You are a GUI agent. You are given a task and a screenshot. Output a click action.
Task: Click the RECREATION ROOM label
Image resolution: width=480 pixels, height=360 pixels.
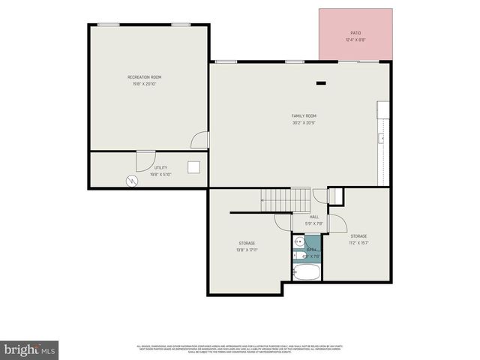click(145, 77)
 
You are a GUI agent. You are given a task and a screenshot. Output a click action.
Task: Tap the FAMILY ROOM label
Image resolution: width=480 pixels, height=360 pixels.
click(304, 115)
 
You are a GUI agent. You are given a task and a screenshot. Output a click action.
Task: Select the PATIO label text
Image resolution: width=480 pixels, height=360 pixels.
click(355, 33)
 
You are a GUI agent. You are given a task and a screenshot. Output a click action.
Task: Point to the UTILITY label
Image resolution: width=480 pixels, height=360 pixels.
click(160, 168)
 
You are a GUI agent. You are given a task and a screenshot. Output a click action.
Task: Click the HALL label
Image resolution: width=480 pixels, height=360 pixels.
click(314, 217)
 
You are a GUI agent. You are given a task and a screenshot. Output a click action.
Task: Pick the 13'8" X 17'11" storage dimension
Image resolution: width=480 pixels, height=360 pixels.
click(247, 250)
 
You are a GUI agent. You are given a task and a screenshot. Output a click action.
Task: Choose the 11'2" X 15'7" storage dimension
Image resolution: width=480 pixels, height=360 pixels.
click(358, 243)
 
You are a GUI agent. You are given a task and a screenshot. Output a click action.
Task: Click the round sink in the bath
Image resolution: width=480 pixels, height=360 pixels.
click(298, 241)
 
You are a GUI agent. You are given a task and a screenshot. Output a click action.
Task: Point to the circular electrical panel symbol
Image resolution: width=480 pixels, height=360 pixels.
click(133, 181)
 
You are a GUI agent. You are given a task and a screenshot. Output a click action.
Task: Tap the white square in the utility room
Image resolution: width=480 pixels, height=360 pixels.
click(193, 167)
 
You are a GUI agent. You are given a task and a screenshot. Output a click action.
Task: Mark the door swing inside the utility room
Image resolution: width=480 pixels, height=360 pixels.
click(144, 159)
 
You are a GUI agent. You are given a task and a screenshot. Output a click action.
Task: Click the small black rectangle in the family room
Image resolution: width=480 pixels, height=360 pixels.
click(321, 83)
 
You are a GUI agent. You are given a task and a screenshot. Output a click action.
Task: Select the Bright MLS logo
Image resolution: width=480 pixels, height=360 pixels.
click(29, 349)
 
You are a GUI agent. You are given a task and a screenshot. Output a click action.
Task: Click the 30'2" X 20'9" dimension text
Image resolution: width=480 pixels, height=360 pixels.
click(304, 122)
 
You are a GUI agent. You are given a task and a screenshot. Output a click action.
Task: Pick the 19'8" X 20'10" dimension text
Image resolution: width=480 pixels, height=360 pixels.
click(145, 84)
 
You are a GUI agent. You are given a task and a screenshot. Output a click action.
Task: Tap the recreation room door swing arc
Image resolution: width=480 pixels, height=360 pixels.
click(199, 139)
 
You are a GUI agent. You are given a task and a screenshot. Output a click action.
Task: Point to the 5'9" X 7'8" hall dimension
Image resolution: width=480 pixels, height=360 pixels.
click(314, 223)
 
